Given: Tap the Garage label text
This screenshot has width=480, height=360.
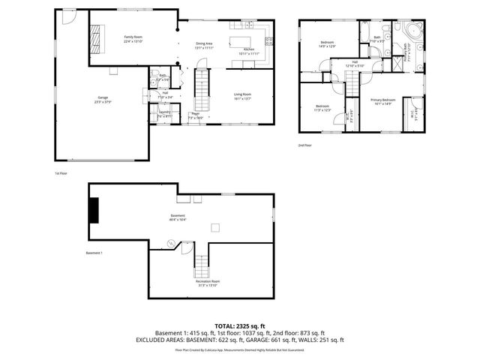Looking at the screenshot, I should click(x=103, y=99).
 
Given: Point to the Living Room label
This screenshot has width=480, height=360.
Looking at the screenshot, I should click(x=243, y=95).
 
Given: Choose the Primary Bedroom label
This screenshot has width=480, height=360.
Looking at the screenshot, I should click(x=382, y=101).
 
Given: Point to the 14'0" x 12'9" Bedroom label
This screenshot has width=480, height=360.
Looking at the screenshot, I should click(x=328, y=44).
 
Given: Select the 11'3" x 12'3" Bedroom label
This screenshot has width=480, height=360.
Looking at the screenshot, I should click(x=322, y=108).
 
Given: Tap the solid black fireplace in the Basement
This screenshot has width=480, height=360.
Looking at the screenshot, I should click(x=94, y=210).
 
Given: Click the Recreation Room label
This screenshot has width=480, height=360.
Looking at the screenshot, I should click(x=208, y=283).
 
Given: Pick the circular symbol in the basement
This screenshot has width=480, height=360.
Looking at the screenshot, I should click(x=171, y=243).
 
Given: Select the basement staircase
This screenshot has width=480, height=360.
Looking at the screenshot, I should click(x=201, y=263).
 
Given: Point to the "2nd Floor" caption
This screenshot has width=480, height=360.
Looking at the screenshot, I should click(x=305, y=145).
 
